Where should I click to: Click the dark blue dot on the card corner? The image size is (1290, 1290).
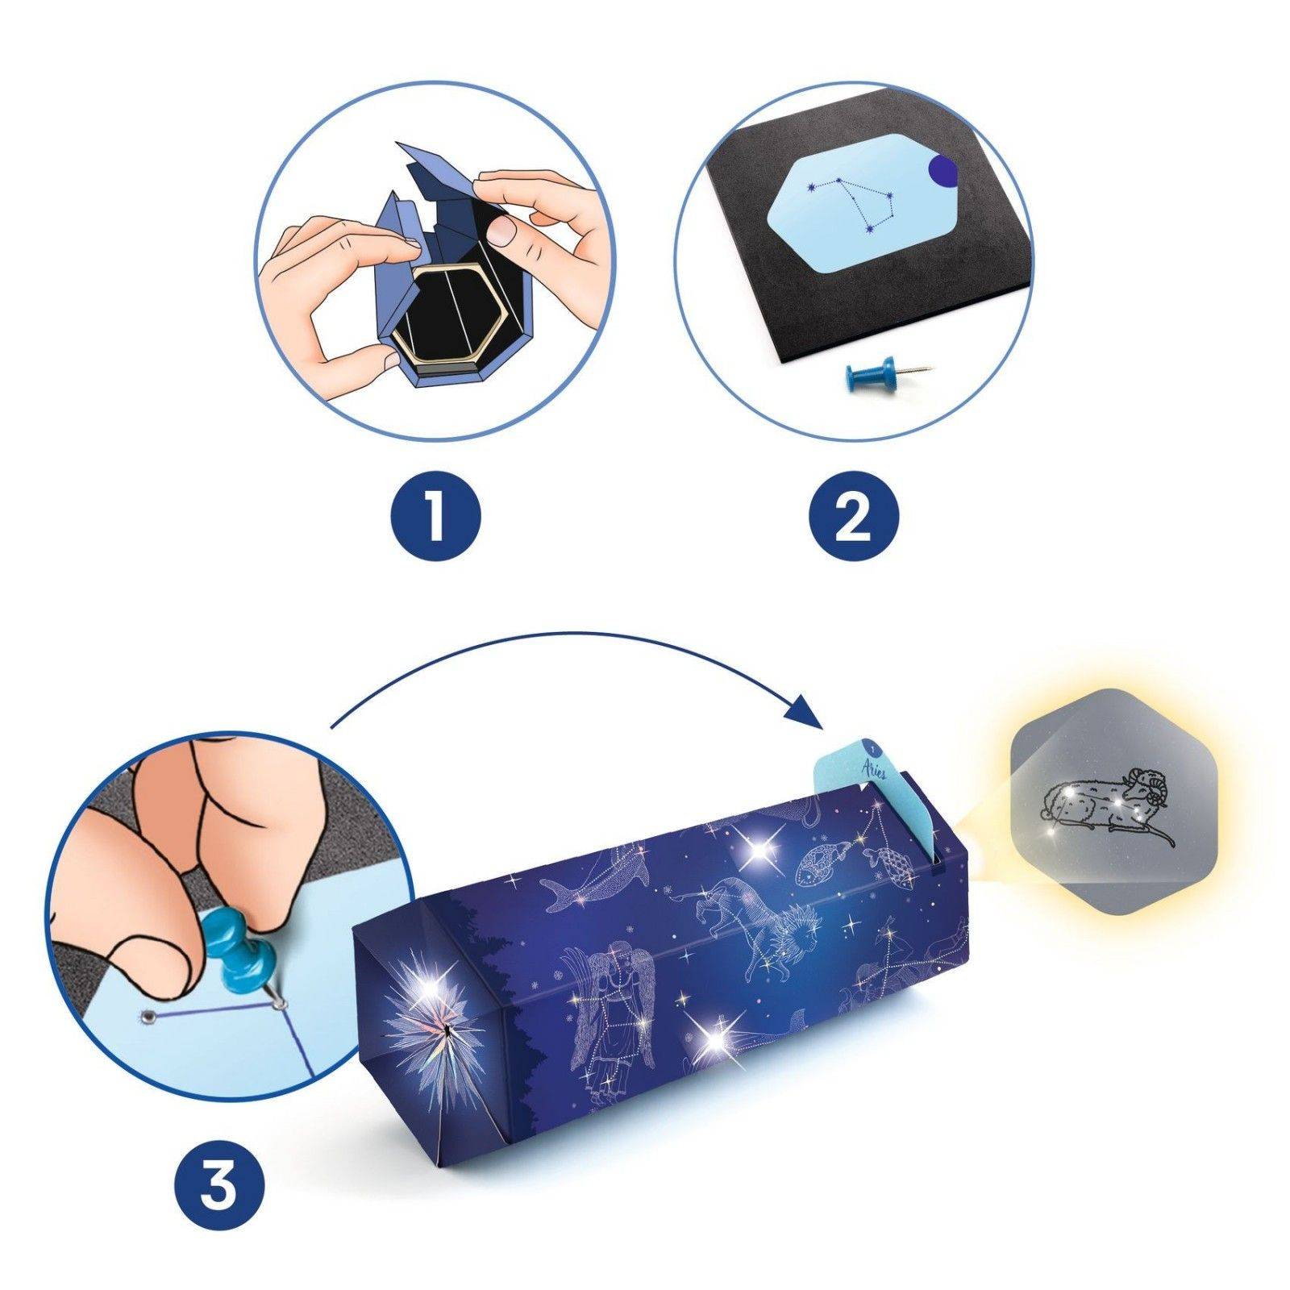pyautogui.click(x=941, y=169)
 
